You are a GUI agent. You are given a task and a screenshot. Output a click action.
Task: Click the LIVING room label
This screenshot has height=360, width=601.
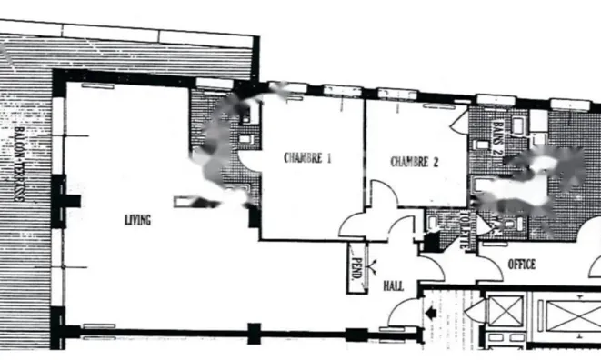tap(138, 220)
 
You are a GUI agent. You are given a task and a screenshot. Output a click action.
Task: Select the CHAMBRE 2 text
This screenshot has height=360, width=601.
tap(415, 163)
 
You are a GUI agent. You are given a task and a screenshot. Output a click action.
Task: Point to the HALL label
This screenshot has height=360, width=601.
tap(393, 285)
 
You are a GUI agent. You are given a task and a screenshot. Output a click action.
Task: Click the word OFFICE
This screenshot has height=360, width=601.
tap(522, 265)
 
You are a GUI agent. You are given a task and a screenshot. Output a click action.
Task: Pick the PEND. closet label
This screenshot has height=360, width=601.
tap(357, 270)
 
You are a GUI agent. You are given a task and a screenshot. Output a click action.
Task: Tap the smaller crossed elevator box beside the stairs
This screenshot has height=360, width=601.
tap(502, 311)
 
